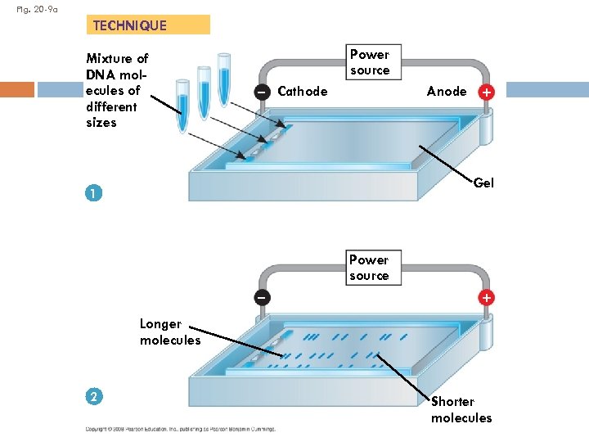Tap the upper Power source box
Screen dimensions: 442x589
pos(369,62)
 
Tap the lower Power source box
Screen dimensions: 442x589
pos(369,268)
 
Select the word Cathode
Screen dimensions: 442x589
pos(303,92)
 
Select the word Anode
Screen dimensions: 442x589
pos(447,92)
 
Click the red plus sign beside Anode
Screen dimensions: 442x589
pos(487,92)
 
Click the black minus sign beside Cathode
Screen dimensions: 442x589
pos(261,92)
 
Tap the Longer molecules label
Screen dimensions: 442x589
pos(169,331)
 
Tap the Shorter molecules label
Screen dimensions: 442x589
pos(461,409)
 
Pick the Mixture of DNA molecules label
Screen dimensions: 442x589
pos(116,90)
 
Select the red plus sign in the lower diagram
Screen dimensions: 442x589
pos(487,297)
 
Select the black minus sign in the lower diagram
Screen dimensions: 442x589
pos(261,297)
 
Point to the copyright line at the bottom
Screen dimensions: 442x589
pos(181,428)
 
